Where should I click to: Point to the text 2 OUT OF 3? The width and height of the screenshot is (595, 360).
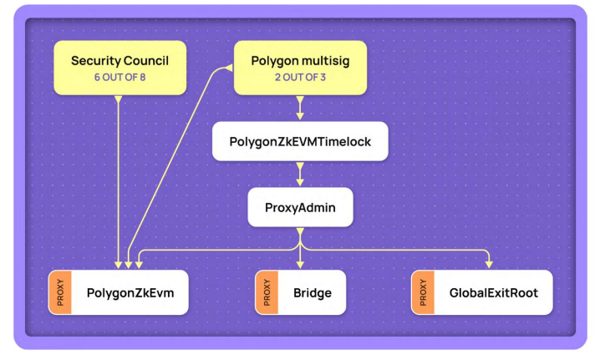pyautogui.click(x=300, y=77)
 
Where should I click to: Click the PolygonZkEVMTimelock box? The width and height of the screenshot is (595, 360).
pyautogui.click(x=300, y=142)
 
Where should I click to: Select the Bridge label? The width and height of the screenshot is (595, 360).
pyautogui.click(x=312, y=292)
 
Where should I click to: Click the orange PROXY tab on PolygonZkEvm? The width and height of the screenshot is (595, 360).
pyautogui.click(x=59, y=292)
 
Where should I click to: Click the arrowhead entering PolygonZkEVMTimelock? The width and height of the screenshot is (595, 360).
pyautogui.click(x=300, y=116)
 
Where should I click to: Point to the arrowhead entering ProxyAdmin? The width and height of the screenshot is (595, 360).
pyautogui.click(x=300, y=181)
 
